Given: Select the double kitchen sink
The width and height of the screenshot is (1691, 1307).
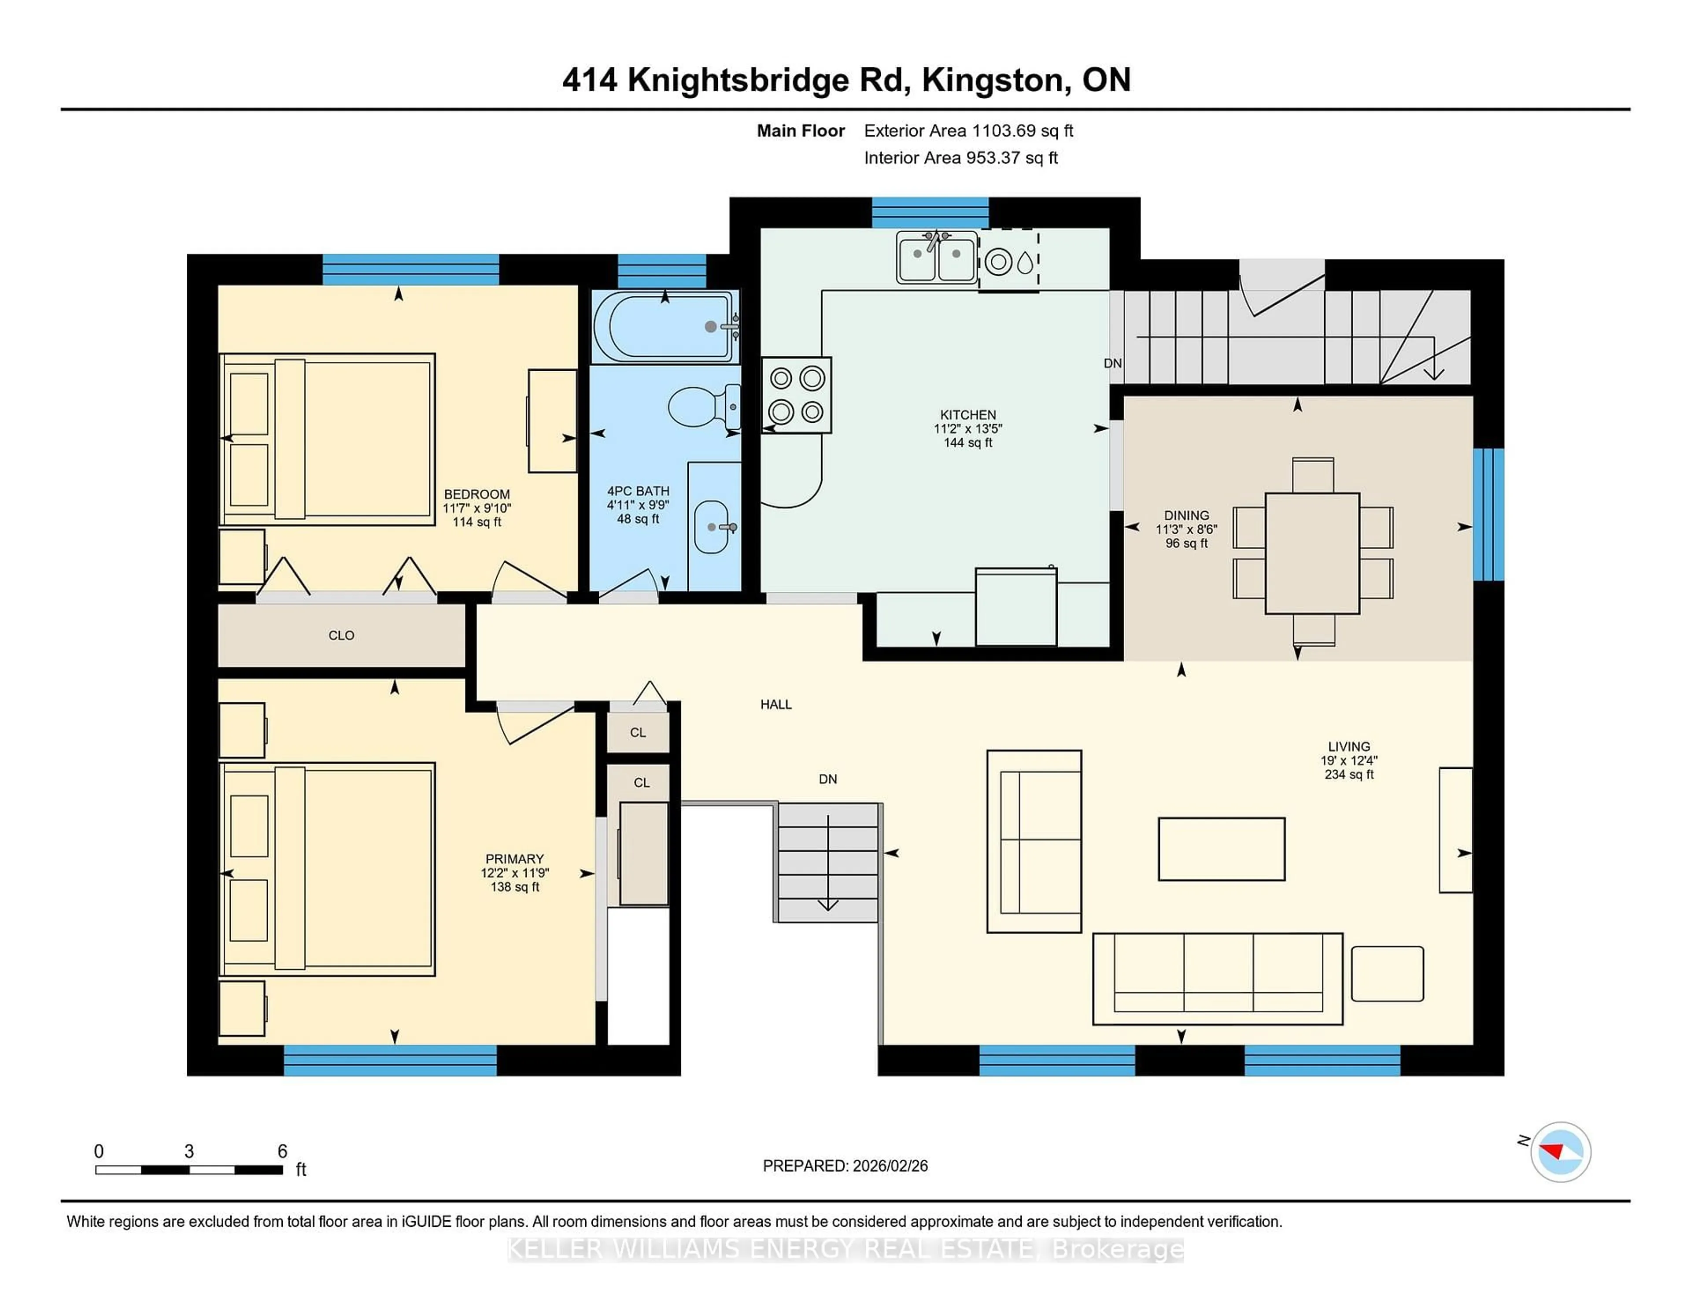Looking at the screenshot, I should (x=936, y=258).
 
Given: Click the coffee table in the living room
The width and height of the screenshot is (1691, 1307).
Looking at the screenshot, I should (x=1221, y=849).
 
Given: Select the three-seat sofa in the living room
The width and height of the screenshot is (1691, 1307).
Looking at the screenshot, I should (x=1217, y=978).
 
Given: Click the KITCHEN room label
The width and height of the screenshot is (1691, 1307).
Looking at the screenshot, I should (x=968, y=415).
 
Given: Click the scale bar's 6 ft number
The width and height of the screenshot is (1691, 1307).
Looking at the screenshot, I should (x=283, y=1152).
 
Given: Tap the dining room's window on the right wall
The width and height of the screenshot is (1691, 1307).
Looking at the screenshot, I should (x=1488, y=514).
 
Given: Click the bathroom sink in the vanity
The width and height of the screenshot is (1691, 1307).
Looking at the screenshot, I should (x=711, y=527).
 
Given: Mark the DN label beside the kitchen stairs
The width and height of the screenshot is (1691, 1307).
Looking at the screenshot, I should (x=1113, y=363).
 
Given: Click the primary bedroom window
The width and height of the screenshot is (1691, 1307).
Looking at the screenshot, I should (x=390, y=1060).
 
